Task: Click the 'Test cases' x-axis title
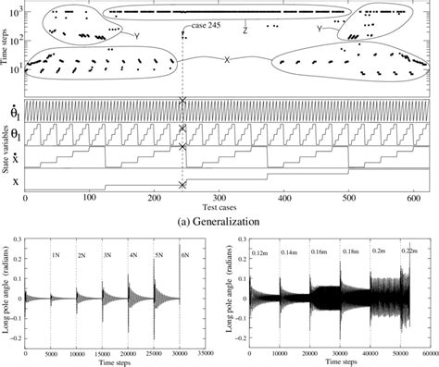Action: tap(219, 206)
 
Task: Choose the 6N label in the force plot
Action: tap(182, 255)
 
